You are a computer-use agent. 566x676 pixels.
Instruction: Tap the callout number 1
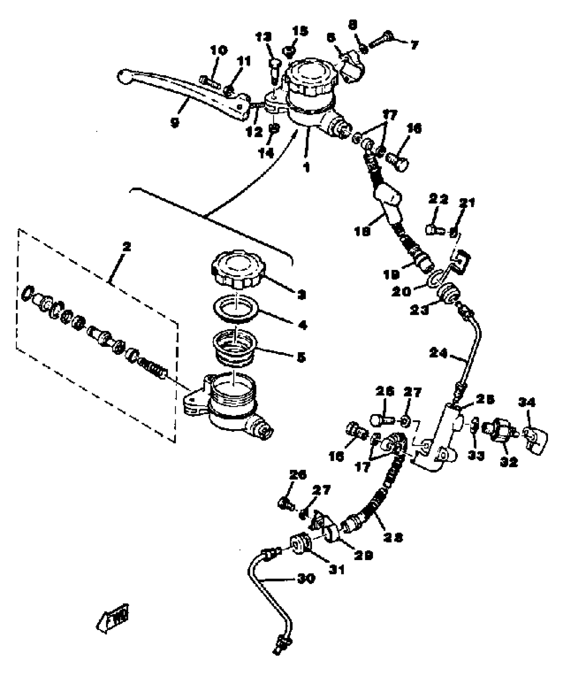[x=307, y=167]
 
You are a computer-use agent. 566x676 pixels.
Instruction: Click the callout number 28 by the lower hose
[x=393, y=537]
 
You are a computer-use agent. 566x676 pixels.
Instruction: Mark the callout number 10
[x=219, y=51]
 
